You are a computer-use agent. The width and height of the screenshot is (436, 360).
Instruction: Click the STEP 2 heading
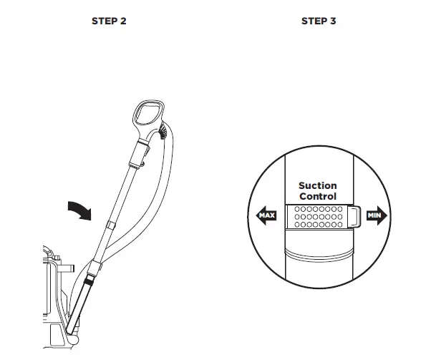[x=109, y=21]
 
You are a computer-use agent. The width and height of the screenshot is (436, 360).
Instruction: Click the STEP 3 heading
[x=318, y=21]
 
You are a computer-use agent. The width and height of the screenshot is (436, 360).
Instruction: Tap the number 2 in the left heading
[x=124, y=21]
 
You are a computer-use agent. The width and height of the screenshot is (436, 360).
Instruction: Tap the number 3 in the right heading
[x=333, y=21]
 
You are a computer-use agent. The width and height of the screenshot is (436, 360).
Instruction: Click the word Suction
[x=318, y=186]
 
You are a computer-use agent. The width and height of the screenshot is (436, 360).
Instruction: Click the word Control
[x=318, y=197]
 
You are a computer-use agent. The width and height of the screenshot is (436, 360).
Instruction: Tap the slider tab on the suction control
[x=353, y=215]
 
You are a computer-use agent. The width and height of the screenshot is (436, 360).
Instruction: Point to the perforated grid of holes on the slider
[x=317, y=216]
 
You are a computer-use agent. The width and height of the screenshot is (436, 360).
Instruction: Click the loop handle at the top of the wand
[x=148, y=115]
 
